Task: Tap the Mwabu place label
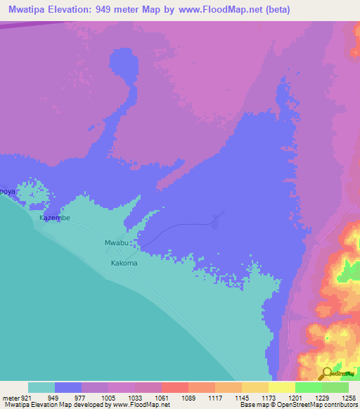pos(117,243)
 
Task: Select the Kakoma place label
pos(124,264)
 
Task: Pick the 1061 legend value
pos(162,398)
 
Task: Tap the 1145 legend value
pos(241,398)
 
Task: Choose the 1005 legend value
pos(108,398)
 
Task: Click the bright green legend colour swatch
pos(308,387)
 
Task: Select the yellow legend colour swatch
pos(281,387)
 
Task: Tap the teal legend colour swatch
pos(41,387)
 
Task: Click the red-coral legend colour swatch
pos(174,387)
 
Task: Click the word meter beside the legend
pos(11,398)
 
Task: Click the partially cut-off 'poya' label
pos(7,191)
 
